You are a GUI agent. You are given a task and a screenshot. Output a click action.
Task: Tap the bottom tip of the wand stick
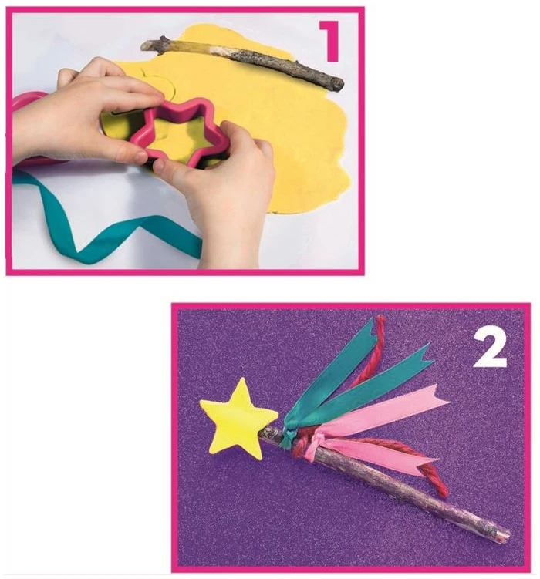click(508, 535)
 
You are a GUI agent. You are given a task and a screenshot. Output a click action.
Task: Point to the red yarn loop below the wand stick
click(440, 483)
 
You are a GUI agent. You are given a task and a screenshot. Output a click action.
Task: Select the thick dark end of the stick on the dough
click(337, 84)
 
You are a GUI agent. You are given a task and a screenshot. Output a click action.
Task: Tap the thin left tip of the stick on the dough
click(143, 45)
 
